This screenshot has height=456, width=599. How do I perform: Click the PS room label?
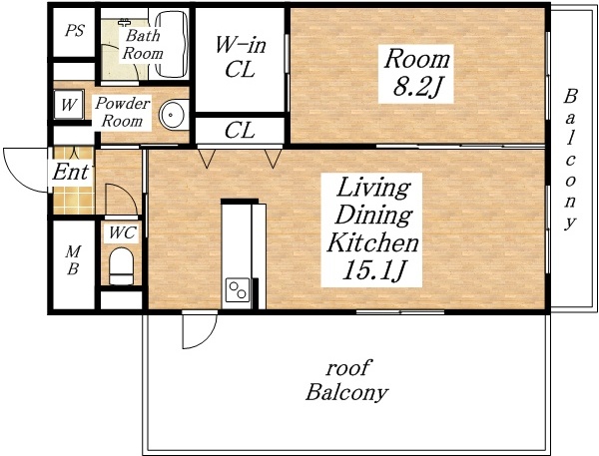pyautogui.click(x=74, y=31)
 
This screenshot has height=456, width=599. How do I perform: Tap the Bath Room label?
pyautogui.click(x=143, y=44)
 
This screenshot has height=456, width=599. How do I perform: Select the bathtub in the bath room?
pyautogui.click(x=173, y=45)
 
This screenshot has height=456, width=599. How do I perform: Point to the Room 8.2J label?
pyautogui.click(x=416, y=74)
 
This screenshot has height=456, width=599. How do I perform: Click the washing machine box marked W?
pyautogui.click(x=68, y=104)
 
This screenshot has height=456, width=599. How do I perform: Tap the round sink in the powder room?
pyautogui.click(x=174, y=115)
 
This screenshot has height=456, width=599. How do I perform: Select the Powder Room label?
pyautogui.click(x=122, y=112)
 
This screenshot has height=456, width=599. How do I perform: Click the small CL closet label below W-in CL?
pyautogui.click(x=240, y=131)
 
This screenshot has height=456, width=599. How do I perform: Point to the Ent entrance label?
pyautogui.click(x=71, y=172)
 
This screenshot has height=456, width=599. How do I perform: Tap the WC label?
pyautogui.click(x=122, y=232)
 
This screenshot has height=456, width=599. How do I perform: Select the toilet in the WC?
pyautogui.click(x=121, y=266)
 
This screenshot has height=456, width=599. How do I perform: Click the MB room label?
pyautogui.click(x=73, y=260)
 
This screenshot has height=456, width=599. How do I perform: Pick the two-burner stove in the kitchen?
pyautogui.click(x=238, y=290)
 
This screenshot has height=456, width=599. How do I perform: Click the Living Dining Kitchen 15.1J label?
pyautogui.click(x=371, y=228)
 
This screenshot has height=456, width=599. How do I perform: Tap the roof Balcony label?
pyautogui.click(x=346, y=380)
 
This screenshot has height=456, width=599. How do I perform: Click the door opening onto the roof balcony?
pyautogui.click(x=200, y=330)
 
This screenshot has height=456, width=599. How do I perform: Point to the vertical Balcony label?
pyautogui.click(x=570, y=160)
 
